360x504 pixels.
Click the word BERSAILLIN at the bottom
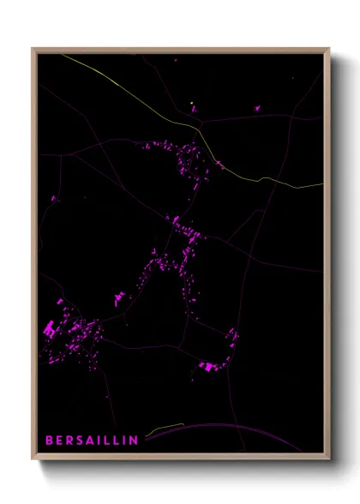[x=92, y=441]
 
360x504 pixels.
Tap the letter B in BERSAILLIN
[x=49, y=441]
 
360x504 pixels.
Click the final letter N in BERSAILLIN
[x=134, y=441]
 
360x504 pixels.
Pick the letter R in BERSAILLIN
[x=69, y=441]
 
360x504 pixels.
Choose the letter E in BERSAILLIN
[x=58, y=441]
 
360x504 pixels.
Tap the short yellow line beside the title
[x=165, y=427]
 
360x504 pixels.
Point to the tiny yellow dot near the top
[x=192, y=104]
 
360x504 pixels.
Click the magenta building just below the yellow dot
[x=194, y=110]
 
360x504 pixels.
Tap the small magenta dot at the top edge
[x=176, y=60]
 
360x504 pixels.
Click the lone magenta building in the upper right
[x=255, y=108]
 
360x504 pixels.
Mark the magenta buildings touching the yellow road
[x=219, y=162]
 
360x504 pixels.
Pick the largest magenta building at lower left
[x=49, y=328]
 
